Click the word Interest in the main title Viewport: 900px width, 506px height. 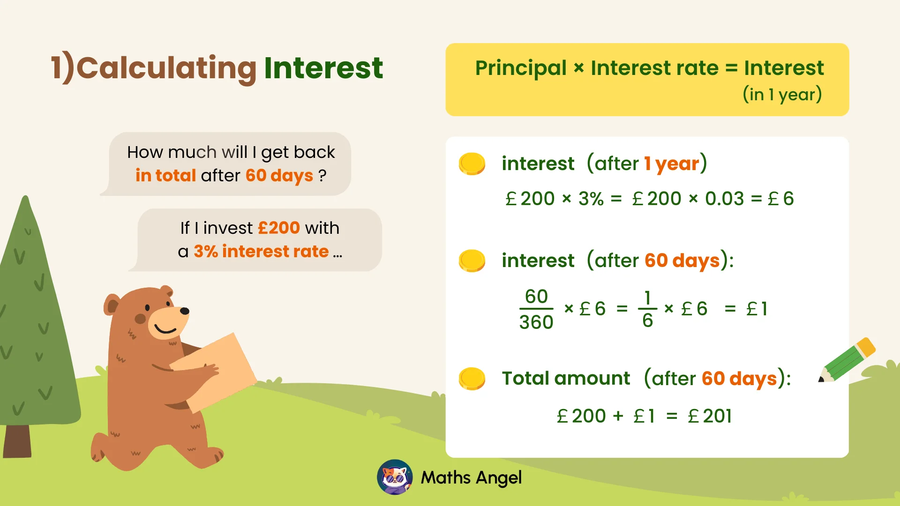(x=323, y=68)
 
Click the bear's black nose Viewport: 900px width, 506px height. (x=185, y=311)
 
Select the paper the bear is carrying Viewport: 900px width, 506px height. (x=213, y=370)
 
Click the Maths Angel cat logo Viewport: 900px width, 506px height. (x=395, y=477)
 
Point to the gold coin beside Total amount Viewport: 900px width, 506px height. (x=472, y=379)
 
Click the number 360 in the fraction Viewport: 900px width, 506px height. (x=536, y=322)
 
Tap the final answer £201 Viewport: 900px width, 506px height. (x=710, y=416)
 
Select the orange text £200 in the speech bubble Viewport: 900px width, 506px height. (x=279, y=228)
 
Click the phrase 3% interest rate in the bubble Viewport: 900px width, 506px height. (x=261, y=252)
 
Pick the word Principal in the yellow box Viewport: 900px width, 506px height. (x=521, y=68)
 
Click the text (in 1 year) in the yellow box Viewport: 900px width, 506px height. (x=782, y=95)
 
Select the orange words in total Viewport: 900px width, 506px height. (x=165, y=176)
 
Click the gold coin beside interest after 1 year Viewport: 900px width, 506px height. (x=472, y=164)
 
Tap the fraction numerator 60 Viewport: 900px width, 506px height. (x=536, y=297)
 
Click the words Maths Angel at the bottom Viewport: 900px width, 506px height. (x=471, y=478)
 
